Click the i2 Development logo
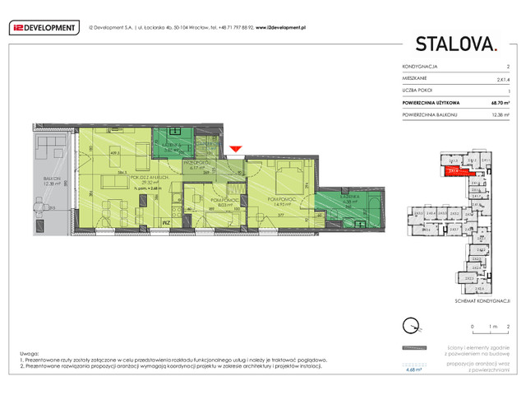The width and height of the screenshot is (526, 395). (44, 27)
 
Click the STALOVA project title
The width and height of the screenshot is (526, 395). (456, 44)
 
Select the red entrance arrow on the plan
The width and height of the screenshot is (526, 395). (235, 149)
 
